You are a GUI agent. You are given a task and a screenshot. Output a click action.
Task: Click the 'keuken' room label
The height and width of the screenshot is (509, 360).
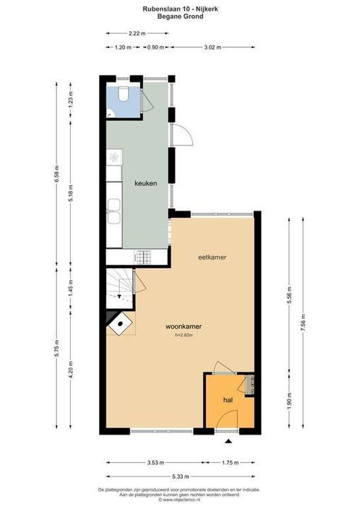coord(146,183)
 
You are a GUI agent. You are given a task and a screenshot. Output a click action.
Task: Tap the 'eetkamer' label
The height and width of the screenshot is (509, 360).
coord(212,257)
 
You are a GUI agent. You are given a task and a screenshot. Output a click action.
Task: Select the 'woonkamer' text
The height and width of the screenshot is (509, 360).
coord(184,327)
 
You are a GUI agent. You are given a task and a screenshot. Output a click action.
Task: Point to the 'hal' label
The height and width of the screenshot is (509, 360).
coord(228,400)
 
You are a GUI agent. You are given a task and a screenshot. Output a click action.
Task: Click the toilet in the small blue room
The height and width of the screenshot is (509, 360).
coord(122,95)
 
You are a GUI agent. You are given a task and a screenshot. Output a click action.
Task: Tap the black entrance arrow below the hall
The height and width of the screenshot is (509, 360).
coord(228,443)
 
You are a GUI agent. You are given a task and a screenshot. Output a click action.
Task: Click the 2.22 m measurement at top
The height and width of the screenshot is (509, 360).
coord(137,33)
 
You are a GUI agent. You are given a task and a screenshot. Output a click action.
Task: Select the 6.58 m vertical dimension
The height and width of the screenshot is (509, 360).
coord(57,173)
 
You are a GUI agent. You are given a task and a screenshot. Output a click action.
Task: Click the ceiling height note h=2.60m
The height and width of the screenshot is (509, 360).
coord(184,335)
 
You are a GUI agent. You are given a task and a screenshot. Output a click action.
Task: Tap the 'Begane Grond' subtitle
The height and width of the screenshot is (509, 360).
coord(180,16)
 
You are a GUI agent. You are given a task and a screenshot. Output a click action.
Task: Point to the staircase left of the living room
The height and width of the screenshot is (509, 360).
coord(117,287)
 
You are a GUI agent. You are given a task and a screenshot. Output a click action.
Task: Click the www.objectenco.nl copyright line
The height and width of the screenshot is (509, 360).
coord(180,500)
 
